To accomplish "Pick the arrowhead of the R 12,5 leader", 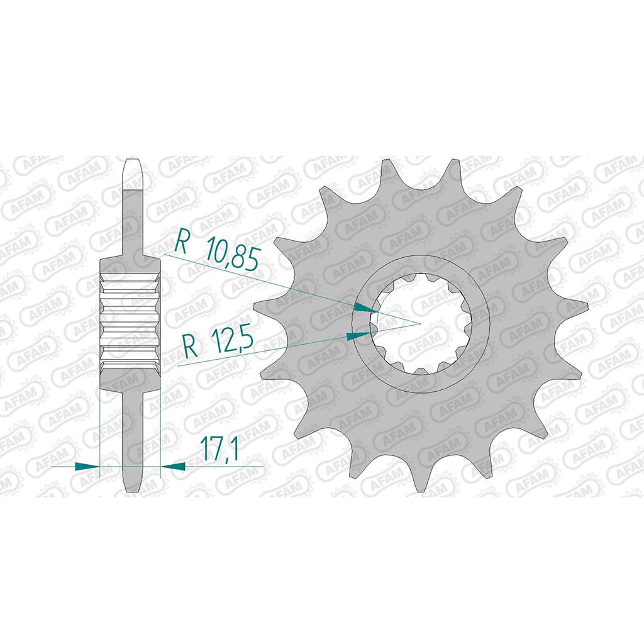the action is click(x=358, y=335).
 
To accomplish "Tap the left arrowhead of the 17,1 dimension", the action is click(x=87, y=466).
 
